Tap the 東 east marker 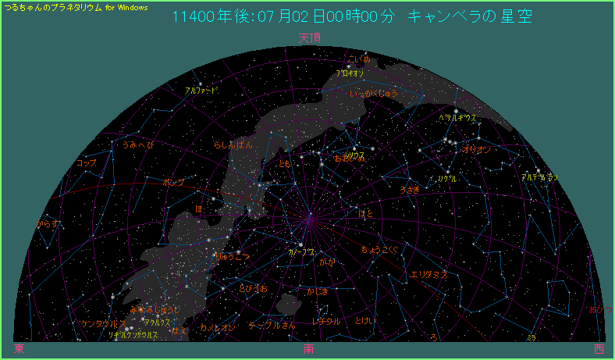pyautogui.click(x=19, y=348)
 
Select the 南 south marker pyautogui.click(x=309, y=349)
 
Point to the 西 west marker pyautogui.click(x=598, y=349)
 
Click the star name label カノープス pyautogui.click(x=302, y=252)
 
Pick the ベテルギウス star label pyautogui.click(x=457, y=118)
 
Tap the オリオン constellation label pyautogui.click(x=477, y=148)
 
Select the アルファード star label pyautogui.click(x=201, y=91)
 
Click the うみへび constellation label pyautogui.click(x=138, y=144)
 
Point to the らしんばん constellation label pyautogui.click(x=233, y=145)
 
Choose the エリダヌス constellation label pyautogui.click(x=428, y=275)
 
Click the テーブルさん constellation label pyautogui.click(x=272, y=325)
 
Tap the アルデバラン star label pyautogui.click(x=539, y=177)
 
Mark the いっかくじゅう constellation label pyautogui.click(x=374, y=94)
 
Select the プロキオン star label pyautogui.click(x=350, y=73)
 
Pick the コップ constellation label pyautogui.click(x=87, y=163)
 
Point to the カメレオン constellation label pyautogui.click(x=218, y=328)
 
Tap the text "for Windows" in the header pyautogui.click(x=126, y=7)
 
